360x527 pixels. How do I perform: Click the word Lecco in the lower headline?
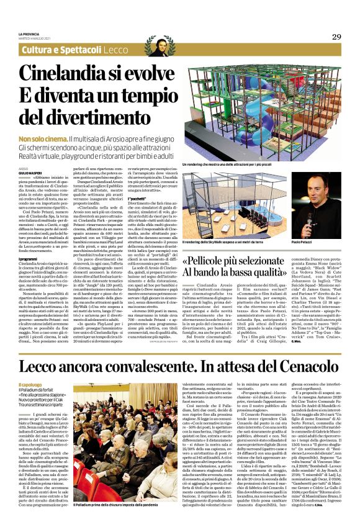pyautogui.click(x=43, y=366)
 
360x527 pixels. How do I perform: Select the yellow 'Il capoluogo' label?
pyautogui.click(x=32, y=385)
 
